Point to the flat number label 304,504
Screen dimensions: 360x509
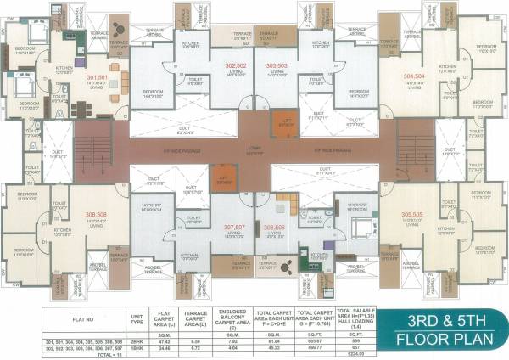pos(414,76)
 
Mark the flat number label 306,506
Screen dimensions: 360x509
pos(274,228)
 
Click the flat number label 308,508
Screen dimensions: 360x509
pos(96,214)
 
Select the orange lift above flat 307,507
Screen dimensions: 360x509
pos(223,177)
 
